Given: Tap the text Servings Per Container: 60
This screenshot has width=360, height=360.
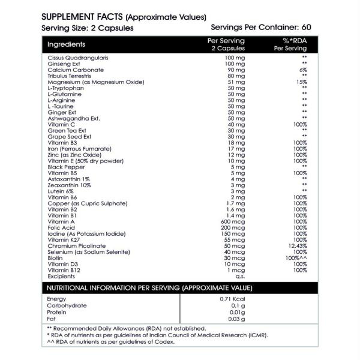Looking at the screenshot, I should pyautogui.click(x=261, y=28).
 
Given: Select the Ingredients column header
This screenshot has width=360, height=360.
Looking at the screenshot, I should pyautogui.click(x=66, y=44).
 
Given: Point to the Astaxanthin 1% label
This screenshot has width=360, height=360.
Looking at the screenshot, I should pyautogui.click(x=68, y=179).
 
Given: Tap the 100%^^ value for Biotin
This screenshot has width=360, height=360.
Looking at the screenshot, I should pyautogui.click(x=296, y=258).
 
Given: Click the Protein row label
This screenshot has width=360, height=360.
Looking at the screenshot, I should pyautogui.click(x=57, y=311).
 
